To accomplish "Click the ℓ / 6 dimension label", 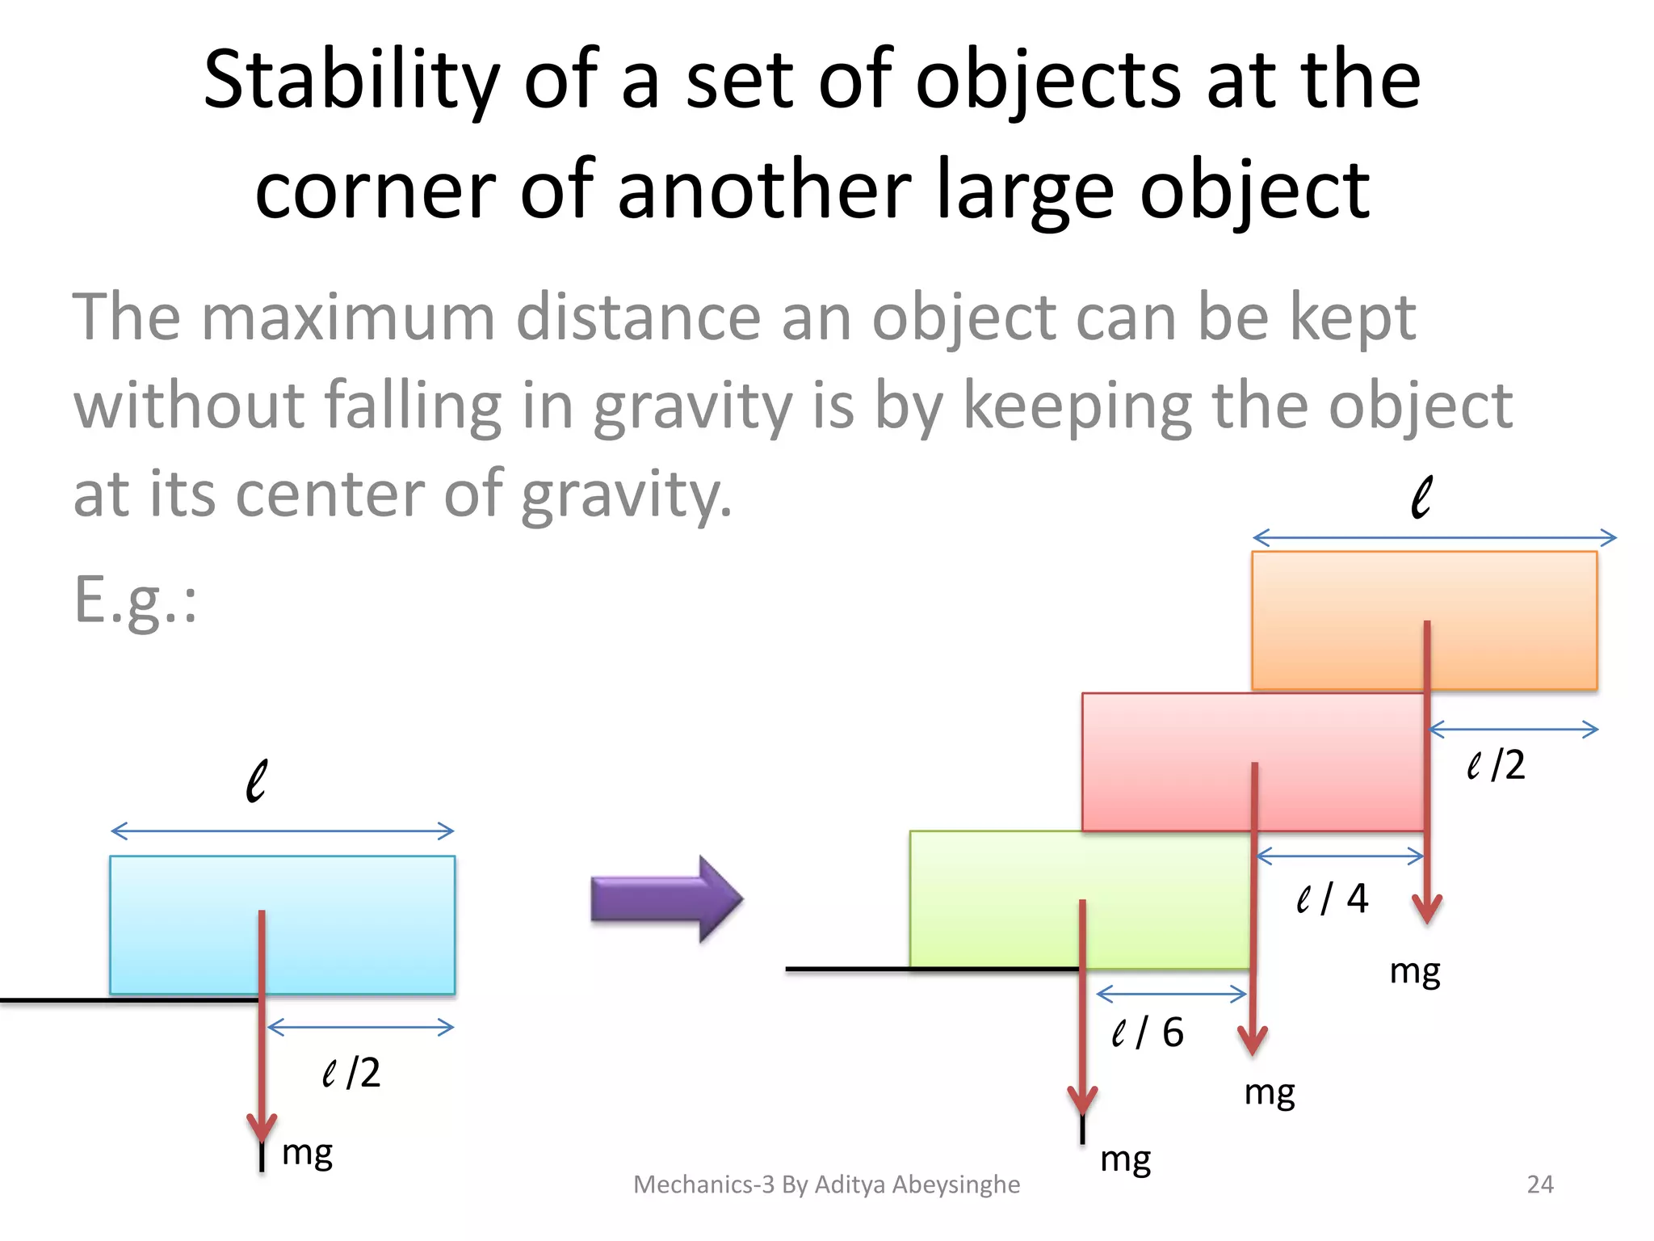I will (x=1147, y=1033).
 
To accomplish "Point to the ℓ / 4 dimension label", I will (x=1332, y=898).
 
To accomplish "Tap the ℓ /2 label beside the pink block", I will (x=1496, y=764).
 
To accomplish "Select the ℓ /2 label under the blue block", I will (x=351, y=1073).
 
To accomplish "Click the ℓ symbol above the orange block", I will (x=1421, y=496).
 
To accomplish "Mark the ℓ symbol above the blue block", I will (x=256, y=780).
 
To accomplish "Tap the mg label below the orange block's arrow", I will (x=1414, y=971).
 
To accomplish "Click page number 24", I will (x=1540, y=1184).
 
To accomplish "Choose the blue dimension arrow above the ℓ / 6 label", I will (x=1171, y=993).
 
